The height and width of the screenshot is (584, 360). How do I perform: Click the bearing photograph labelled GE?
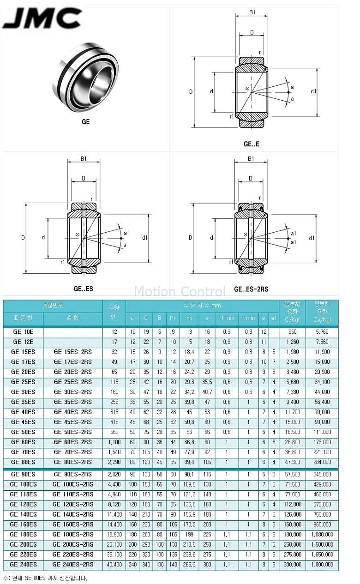[x=85, y=77]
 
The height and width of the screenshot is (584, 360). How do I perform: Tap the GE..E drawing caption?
[x=251, y=144]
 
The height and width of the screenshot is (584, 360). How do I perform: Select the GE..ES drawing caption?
[x=83, y=289]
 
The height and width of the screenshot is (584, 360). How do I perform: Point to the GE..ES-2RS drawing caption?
[x=251, y=289]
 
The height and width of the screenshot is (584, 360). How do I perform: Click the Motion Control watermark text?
[x=180, y=291]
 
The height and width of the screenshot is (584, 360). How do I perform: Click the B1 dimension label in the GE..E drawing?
[x=252, y=12]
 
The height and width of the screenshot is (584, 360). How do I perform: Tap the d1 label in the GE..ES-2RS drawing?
[x=312, y=238]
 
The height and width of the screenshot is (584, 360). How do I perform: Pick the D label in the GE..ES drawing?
[x=23, y=237]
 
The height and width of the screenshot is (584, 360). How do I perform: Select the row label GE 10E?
[x=23, y=331]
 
